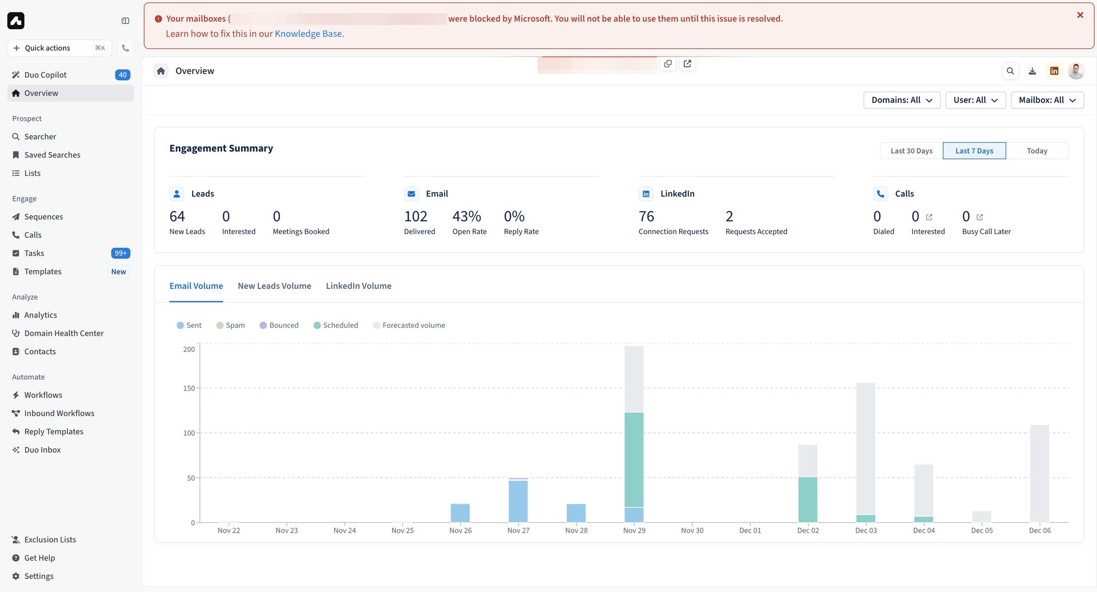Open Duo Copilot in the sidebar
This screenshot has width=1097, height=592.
pos(45,75)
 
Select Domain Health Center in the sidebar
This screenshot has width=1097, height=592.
pos(63,333)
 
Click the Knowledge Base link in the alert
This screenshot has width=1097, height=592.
pos(308,34)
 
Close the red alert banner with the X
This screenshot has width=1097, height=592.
pos(1080,15)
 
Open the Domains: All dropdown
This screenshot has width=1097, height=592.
pos(901,100)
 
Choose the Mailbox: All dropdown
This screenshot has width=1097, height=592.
pos(1047,100)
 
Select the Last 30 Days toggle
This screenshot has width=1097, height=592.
pos(911,151)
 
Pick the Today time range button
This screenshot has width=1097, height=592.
pos(1036,151)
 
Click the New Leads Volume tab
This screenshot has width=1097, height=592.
pos(274,286)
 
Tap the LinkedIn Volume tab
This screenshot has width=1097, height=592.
pos(358,286)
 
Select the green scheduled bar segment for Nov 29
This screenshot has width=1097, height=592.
pos(634,460)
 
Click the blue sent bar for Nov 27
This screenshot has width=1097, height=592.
pos(518,501)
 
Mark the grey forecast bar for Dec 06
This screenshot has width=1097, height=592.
pos(1039,473)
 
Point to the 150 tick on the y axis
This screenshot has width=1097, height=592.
pos(189,388)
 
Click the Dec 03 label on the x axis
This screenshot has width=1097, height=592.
pos(866,530)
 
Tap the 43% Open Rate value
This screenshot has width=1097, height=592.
pos(467,216)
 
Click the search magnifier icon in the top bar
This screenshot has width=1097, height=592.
pos(1010,71)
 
